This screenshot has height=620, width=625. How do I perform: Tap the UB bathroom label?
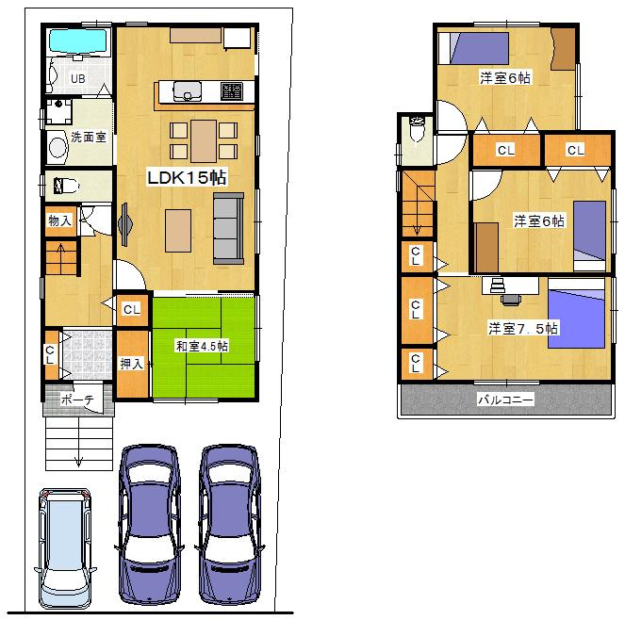pos(76,79)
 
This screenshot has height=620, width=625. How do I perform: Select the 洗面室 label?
pos(88,137)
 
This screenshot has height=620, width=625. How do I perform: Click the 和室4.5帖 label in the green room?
pos(202,346)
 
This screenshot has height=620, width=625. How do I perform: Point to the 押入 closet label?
pos(132,363)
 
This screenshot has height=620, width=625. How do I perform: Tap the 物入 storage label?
pos(58,221)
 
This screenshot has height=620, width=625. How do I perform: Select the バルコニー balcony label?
pos(504,400)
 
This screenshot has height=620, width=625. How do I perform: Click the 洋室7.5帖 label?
pos(523,329)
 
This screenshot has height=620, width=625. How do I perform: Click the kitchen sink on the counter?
pos(188,91)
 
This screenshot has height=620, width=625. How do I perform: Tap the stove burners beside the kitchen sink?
pos(232,91)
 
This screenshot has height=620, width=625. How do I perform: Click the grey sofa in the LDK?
pos(227,227)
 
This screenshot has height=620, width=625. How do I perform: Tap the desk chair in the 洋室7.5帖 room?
pos(510,299)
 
